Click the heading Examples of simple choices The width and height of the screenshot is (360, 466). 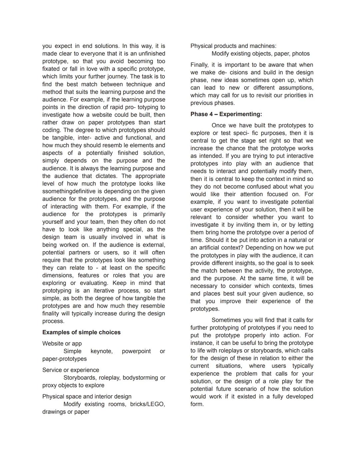click(81, 332)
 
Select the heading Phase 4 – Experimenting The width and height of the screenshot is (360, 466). click(226, 114)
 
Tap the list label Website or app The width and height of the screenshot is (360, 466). click(62, 343)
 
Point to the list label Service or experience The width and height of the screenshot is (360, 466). click(71, 370)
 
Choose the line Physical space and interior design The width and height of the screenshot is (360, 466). click(87, 396)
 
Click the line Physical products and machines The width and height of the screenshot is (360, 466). click(233, 46)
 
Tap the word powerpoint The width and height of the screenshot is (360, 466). click(136, 351)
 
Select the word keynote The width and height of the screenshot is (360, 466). click(101, 351)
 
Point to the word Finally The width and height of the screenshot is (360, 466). click(199, 65)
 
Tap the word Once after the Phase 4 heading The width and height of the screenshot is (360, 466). click(219, 125)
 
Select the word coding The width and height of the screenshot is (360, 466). click(51, 130)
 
